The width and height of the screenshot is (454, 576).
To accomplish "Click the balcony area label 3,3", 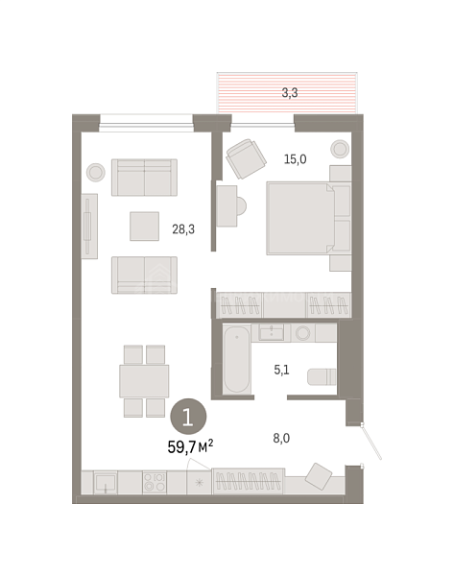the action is click(x=290, y=93).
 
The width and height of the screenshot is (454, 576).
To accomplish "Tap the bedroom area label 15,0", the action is click(x=295, y=159).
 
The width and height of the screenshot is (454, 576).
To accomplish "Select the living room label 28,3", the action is click(x=183, y=229).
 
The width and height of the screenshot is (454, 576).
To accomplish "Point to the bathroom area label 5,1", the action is click(x=281, y=370).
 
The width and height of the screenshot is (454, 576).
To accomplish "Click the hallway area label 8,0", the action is click(x=281, y=438).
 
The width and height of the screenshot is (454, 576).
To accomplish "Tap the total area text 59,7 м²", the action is click(x=190, y=446).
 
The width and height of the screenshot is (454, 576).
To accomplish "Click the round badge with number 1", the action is click(x=188, y=417).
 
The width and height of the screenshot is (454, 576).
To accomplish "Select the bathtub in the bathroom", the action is click(x=237, y=359).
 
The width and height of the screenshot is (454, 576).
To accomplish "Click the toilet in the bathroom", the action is click(x=322, y=377).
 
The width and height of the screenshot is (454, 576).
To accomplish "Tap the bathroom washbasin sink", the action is click(x=271, y=332).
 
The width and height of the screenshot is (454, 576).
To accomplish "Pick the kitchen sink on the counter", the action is click(x=106, y=483).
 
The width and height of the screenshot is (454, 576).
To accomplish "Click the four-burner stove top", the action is click(x=155, y=482).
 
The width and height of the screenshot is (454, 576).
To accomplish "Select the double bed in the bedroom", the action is click(x=308, y=219).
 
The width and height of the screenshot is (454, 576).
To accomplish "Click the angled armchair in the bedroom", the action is click(x=246, y=158).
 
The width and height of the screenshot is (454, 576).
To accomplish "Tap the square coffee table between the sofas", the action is click(x=144, y=227).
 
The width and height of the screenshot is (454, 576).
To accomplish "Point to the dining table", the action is click(x=144, y=381).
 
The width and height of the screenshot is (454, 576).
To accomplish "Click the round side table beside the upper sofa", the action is click(x=96, y=172).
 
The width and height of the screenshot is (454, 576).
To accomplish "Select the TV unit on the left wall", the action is click(x=89, y=227).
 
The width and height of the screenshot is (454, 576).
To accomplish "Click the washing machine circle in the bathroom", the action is click(x=303, y=333).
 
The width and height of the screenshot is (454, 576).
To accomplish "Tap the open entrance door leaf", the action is click(x=371, y=442).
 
